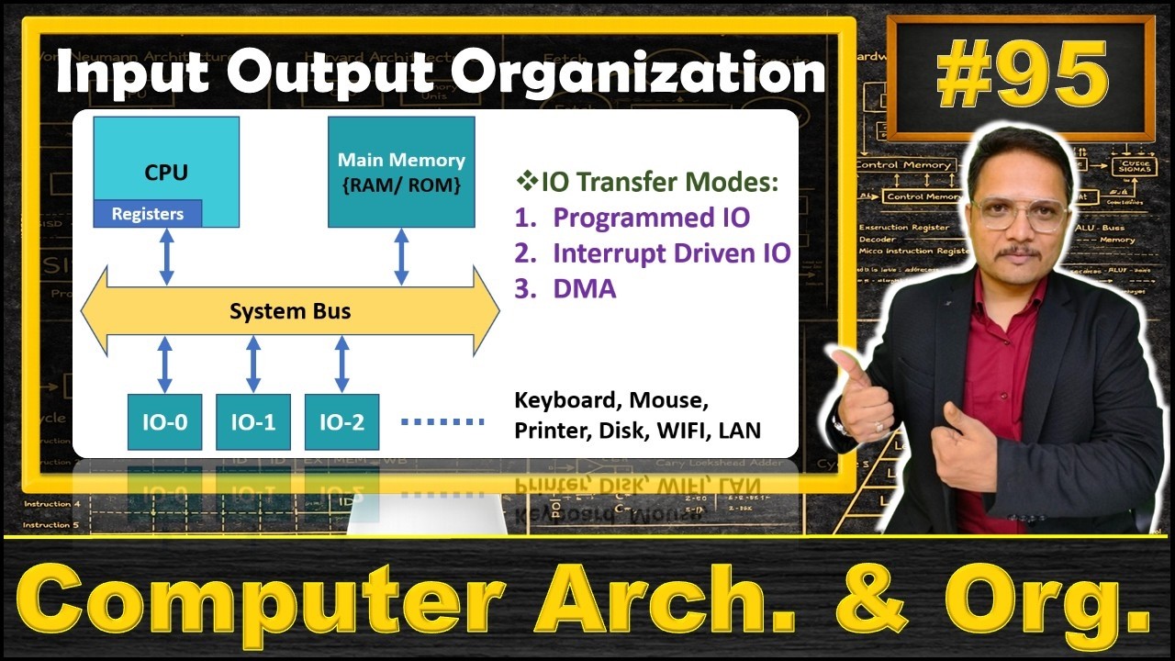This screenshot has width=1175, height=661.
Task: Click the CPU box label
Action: point(166,173)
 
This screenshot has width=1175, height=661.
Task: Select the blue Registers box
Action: point(148,214)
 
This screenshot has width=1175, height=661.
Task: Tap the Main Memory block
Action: point(401,172)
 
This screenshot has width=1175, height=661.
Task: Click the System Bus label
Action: point(290,311)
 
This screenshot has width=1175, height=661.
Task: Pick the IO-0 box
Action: point(164,422)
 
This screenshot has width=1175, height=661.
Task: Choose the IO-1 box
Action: point(253,422)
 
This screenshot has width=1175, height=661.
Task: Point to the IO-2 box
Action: point(341,422)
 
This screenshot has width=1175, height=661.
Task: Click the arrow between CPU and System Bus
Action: point(166,257)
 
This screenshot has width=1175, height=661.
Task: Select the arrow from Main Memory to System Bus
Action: point(401,257)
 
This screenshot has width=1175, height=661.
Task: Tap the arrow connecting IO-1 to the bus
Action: point(253,364)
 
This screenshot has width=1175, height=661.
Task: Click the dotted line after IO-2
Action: point(442,422)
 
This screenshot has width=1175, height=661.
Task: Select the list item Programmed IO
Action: point(650,218)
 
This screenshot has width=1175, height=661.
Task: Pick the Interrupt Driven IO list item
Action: point(670,253)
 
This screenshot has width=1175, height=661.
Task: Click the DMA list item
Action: point(584,289)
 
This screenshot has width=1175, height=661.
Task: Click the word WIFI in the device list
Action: point(685,430)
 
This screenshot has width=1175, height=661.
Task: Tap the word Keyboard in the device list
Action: point(561,400)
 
